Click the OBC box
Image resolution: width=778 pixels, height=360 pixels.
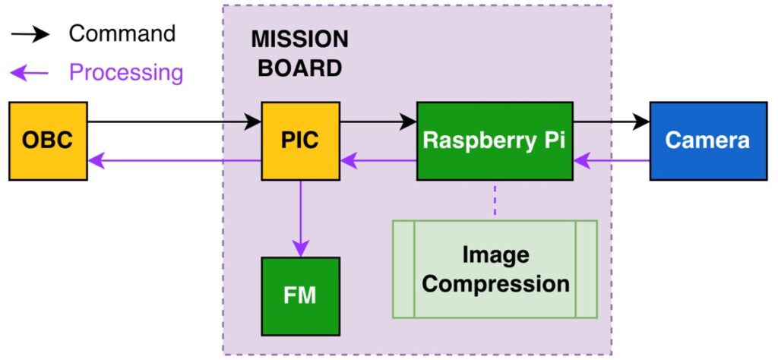(x=48, y=141)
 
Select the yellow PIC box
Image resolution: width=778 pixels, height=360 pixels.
(x=300, y=141)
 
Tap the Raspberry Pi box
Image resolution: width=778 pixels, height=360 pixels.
(x=494, y=141)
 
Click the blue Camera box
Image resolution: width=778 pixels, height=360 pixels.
(x=707, y=141)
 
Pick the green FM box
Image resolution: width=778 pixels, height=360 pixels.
(x=300, y=295)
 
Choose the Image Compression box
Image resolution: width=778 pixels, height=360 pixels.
(x=495, y=269)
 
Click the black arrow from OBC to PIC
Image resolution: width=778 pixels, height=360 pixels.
(x=175, y=122)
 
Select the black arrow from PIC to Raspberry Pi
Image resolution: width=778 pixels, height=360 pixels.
(x=378, y=122)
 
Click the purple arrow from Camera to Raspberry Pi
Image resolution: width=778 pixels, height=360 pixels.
(x=611, y=160)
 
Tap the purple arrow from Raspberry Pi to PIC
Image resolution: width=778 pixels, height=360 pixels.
(x=378, y=160)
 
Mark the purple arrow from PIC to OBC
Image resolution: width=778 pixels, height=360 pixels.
(x=175, y=160)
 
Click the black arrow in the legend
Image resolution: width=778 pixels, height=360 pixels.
(x=30, y=34)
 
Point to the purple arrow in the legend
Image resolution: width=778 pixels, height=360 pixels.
(x=30, y=73)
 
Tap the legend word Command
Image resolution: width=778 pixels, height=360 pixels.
(x=122, y=33)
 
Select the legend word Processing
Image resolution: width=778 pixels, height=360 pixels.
(x=126, y=73)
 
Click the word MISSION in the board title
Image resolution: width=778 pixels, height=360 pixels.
(x=300, y=39)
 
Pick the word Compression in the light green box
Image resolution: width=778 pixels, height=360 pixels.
(x=495, y=284)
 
